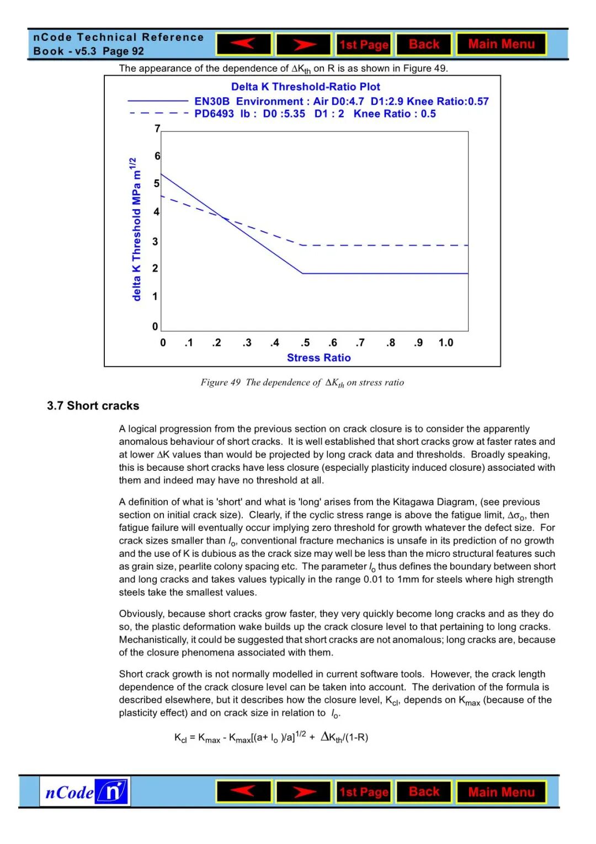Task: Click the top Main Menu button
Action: click(x=501, y=44)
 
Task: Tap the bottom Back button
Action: click(x=424, y=792)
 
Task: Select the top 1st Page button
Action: click(x=364, y=45)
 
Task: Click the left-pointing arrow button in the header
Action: click(x=243, y=44)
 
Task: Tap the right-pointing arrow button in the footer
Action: click(x=304, y=792)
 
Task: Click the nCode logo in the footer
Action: click(x=85, y=792)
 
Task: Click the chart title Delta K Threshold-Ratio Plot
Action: click(x=305, y=87)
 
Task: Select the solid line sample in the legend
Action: click(x=158, y=101)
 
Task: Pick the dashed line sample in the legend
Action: click(x=158, y=113)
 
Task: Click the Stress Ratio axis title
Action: click(x=318, y=358)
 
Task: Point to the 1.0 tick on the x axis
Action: click(x=445, y=343)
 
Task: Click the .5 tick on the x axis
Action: click(x=305, y=343)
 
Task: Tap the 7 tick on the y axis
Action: click(x=157, y=129)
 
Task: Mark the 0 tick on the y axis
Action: click(x=155, y=326)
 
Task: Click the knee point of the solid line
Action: click(x=302, y=273)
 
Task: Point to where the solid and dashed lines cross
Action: click(x=223, y=219)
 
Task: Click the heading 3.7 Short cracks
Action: click(x=93, y=406)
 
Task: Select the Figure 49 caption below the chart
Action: click(x=302, y=383)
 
